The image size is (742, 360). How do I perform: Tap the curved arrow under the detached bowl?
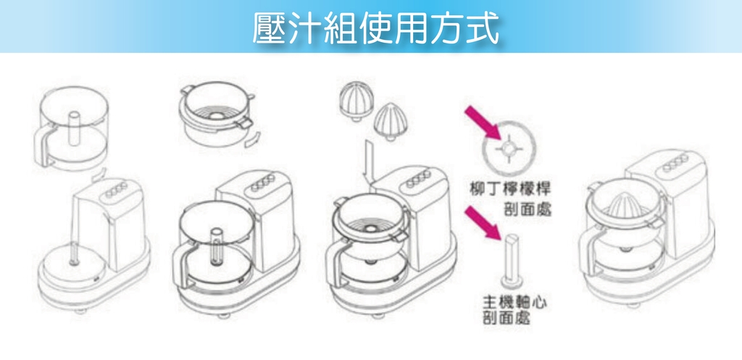[x=98, y=175]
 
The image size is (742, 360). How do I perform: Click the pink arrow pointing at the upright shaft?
[x=485, y=222]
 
